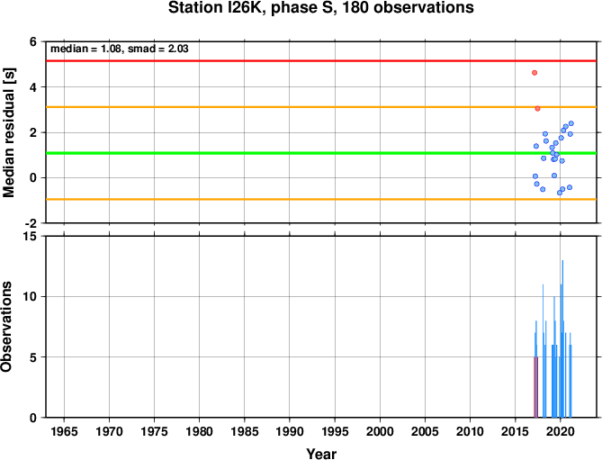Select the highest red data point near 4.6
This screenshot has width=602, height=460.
coord(535,73)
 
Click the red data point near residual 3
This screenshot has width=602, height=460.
coord(537,109)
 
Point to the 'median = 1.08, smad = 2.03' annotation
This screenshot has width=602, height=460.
coord(120,49)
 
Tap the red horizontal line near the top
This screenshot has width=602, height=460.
coord(321,60)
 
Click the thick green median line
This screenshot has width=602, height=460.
coord(321,153)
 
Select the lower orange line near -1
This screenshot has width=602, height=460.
coord(321,199)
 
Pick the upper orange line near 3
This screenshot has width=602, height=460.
coord(321,107)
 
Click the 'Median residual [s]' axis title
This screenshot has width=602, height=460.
coord(8,133)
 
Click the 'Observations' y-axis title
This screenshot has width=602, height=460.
coord(6,327)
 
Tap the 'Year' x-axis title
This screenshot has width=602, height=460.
coord(321,454)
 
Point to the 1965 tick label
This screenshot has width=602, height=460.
coord(64,431)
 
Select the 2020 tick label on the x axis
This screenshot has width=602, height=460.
coord(561,431)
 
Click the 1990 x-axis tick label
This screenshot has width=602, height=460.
coord(290,431)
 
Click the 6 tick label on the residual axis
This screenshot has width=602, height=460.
coord(33,41)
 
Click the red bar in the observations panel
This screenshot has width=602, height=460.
coord(535,387)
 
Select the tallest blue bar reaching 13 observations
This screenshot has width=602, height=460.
coord(562,338)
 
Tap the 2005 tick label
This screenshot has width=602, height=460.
coord(425,431)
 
